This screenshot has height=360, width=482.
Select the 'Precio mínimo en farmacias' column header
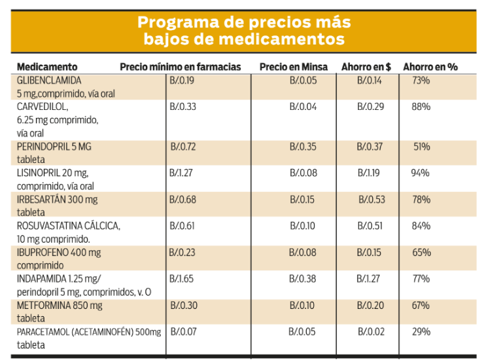coord(181,67)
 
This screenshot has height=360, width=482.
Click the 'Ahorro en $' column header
coord(366,67)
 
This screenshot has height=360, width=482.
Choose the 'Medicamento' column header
coord(47,67)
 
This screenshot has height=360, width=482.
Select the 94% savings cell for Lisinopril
coord(421,173)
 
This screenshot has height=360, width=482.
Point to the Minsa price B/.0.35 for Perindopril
coord(303,147)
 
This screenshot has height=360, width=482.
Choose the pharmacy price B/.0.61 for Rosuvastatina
coord(182,226)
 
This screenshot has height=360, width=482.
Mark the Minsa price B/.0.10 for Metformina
coord(303,306)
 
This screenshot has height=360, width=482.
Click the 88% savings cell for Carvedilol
coord(421,107)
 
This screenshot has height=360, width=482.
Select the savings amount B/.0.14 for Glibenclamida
coord(370,80)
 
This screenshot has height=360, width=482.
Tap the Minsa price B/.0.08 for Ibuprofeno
coord(303,252)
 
